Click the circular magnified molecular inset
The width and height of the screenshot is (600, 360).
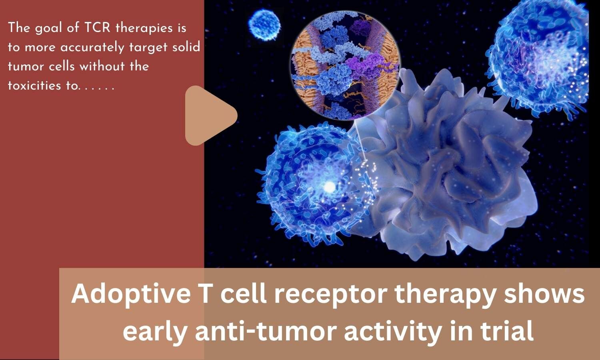(345, 66)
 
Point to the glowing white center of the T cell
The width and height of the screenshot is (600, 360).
(329, 186)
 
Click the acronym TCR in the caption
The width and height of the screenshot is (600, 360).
(98, 28)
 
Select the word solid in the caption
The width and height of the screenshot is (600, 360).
(186, 47)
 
